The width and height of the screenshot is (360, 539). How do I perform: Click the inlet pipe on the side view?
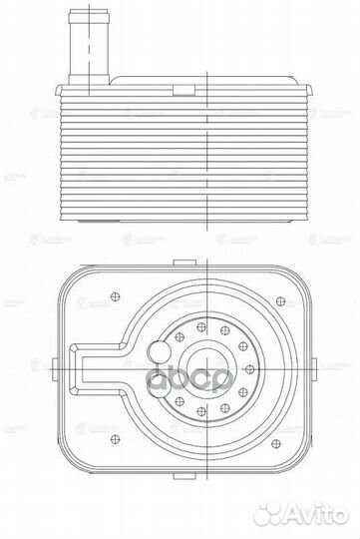click(x=89, y=45)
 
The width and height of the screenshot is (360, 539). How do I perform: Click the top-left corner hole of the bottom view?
click(x=116, y=295)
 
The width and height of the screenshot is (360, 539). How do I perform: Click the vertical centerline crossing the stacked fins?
click(x=203, y=150)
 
